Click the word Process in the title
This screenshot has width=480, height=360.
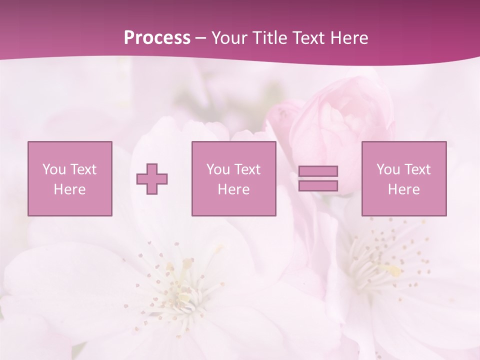(157, 38)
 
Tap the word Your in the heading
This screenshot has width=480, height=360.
(229, 38)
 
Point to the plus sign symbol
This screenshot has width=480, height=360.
(152, 178)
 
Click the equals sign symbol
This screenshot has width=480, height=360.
(318, 178)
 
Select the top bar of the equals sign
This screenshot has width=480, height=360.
(318, 171)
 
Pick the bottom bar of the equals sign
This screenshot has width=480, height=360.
(318, 185)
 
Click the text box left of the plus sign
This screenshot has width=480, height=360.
(70, 178)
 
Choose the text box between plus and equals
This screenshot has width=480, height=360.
(234, 178)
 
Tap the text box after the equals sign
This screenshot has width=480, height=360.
(404, 178)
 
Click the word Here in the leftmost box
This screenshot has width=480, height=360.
(69, 189)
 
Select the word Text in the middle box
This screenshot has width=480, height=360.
(247, 169)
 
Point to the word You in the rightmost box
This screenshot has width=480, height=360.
(388, 169)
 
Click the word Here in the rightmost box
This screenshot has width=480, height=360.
(404, 189)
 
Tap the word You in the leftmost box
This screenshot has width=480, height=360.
(54, 169)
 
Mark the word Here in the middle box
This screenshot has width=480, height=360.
(234, 189)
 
